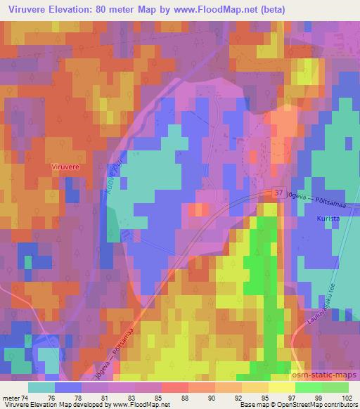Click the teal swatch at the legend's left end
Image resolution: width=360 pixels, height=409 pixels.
tap(42, 387)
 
